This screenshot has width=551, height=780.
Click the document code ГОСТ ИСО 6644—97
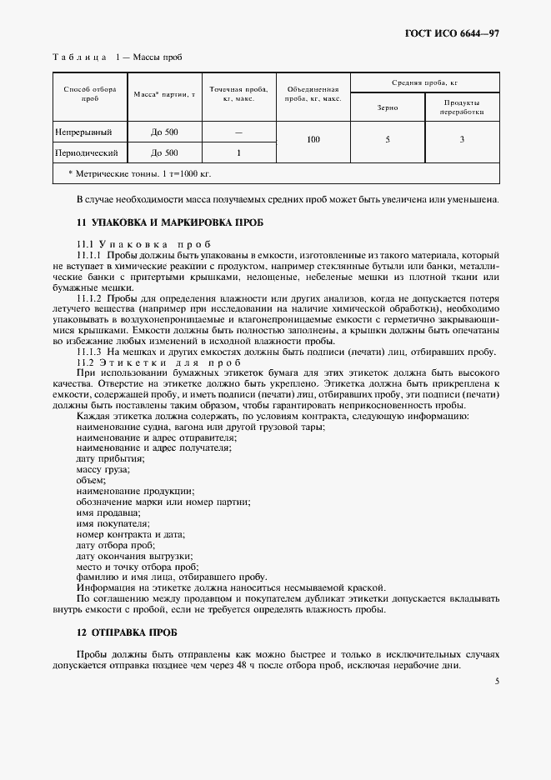pos(453,33)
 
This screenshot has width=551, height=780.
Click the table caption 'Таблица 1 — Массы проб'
pos(117,57)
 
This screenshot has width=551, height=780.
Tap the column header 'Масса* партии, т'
pos(164,93)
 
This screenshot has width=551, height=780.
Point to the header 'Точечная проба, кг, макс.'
pos(238,93)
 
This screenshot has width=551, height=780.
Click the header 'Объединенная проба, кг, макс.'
pos(313,93)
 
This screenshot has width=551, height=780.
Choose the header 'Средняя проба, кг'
pos(425,83)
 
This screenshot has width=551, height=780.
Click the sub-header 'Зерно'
pos(388,107)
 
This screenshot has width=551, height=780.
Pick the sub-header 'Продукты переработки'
pos(462,107)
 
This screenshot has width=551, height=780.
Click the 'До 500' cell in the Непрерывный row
pos(164,132)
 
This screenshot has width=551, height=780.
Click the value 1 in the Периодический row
pos(238,153)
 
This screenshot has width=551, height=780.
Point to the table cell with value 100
pos(313,140)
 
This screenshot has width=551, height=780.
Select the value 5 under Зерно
pos(388,140)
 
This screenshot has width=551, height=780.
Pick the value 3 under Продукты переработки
pos(462,140)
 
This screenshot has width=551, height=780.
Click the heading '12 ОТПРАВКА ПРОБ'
pos(126,632)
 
